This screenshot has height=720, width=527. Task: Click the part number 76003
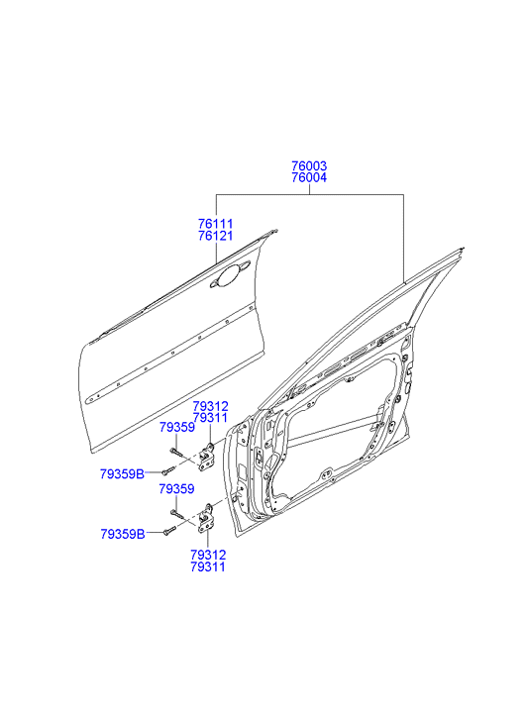(x=309, y=165)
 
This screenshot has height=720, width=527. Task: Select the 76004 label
(x=309, y=177)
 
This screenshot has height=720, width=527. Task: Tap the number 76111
(x=216, y=224)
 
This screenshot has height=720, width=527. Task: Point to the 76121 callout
(x=216, y=236)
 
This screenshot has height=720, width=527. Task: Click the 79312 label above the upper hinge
(x=210, y=406)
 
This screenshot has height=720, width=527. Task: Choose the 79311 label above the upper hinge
(x=210, y=418)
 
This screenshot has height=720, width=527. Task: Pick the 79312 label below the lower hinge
(x=208, y=555)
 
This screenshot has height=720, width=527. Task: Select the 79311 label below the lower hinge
(x=208, y=566)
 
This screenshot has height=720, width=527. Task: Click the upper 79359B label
(x=122, y=473)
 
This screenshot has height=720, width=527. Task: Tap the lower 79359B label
(x=123, y=534)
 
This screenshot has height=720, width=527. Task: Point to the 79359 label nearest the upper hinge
(x=177, y=428)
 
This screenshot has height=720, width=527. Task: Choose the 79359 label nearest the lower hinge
(x=177, y=489)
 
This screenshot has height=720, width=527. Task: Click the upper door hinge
(x=206, y=457)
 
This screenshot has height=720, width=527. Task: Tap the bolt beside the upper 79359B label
(x=168, y=470)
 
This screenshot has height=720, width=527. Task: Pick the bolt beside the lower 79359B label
(x=169, y=531)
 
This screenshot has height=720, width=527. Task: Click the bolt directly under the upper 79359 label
(x=177, y=453)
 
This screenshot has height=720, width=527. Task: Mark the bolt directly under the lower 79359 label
(x=177, y=514)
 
